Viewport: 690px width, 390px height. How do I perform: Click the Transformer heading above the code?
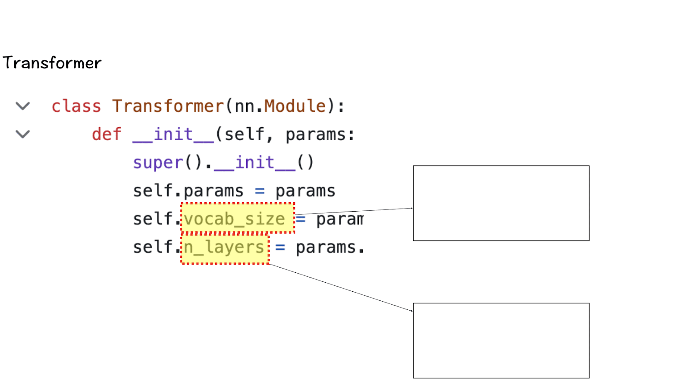click(x=52, y=63)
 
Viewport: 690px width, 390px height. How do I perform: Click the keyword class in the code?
click(x=76, y=106)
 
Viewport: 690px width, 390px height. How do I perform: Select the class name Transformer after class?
click(x=168, y=106)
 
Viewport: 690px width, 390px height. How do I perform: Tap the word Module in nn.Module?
click(x=295, y=106)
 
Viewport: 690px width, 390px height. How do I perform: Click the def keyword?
click(x=107, y=134)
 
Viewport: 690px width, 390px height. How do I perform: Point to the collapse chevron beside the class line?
click(x=23, y=106)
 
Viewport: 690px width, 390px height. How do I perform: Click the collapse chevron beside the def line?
click(x=23, y=134)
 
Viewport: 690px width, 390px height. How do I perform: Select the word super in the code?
click(x=158, y=163)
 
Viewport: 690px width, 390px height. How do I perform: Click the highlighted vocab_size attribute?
click(x=235, y=219)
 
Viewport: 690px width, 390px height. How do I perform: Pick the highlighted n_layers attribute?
click(x=224, y=247)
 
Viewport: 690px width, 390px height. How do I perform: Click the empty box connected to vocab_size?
click(x=501, y=203)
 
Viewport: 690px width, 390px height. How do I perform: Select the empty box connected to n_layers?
click(x=501, y=340)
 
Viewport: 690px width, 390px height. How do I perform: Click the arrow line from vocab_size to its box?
click(x=354, y=211)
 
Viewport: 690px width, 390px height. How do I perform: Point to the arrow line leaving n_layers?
click(x=341, y=287)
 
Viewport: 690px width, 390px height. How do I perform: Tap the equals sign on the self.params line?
click(x=260, y=191)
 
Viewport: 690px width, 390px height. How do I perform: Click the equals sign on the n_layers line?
click(x=280, y=247)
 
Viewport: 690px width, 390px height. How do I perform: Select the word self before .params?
click(x=153, y=191)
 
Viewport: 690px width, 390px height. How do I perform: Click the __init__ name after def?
click(x=173, y=134)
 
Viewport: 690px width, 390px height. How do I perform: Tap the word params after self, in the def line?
click(x=316, y=134)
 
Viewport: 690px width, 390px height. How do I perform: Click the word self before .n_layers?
click(x=153, y=247)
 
